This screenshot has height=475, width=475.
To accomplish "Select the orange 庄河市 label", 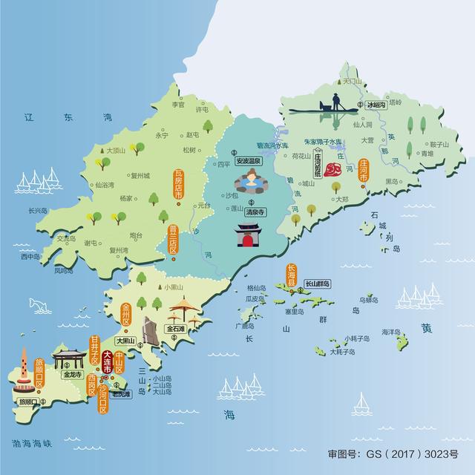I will (364, 172).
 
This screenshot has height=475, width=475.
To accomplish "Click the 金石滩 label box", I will (177, 327).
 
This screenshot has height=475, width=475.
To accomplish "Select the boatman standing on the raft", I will (335, 100).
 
